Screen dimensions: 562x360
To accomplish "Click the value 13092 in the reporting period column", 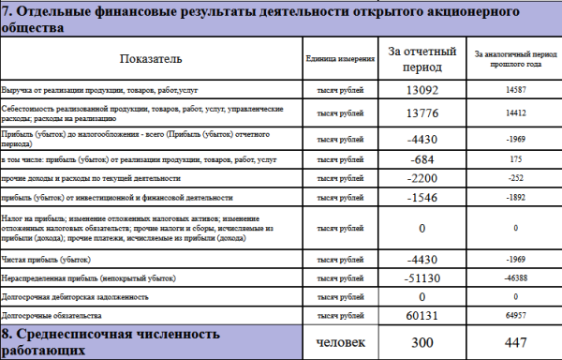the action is point(423,91).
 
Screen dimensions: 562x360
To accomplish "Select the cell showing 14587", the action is point(514,90).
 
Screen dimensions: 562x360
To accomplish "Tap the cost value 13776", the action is point(423,113).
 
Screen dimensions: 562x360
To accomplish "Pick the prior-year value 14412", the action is point(514,113).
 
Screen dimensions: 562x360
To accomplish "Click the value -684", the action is point(423,159).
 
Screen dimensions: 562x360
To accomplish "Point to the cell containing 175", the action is point(514,159).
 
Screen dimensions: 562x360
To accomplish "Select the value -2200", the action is point(423,178).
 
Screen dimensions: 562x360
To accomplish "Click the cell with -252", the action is point(514,178).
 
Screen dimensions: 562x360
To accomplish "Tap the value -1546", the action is point(423,199).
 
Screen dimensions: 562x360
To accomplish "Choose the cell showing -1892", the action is point(514,199).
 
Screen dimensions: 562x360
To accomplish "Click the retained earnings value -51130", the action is point(423,278).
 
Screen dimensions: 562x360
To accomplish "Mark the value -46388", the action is point(514,278).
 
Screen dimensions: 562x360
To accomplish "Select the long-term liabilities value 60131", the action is point(423,314).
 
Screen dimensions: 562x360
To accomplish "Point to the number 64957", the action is point(514,314).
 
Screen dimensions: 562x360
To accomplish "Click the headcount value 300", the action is point(423,341).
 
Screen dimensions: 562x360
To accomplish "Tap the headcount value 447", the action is point(514,341).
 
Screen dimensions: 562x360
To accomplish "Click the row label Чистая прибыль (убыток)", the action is point(46,259).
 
